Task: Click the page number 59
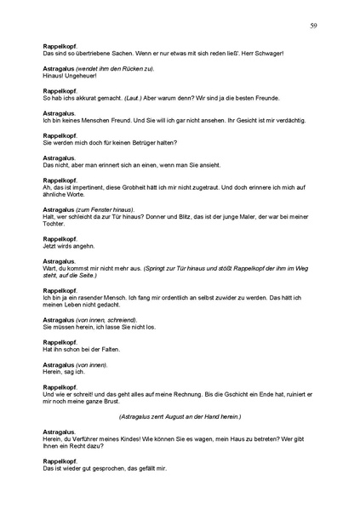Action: pos(313,26)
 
